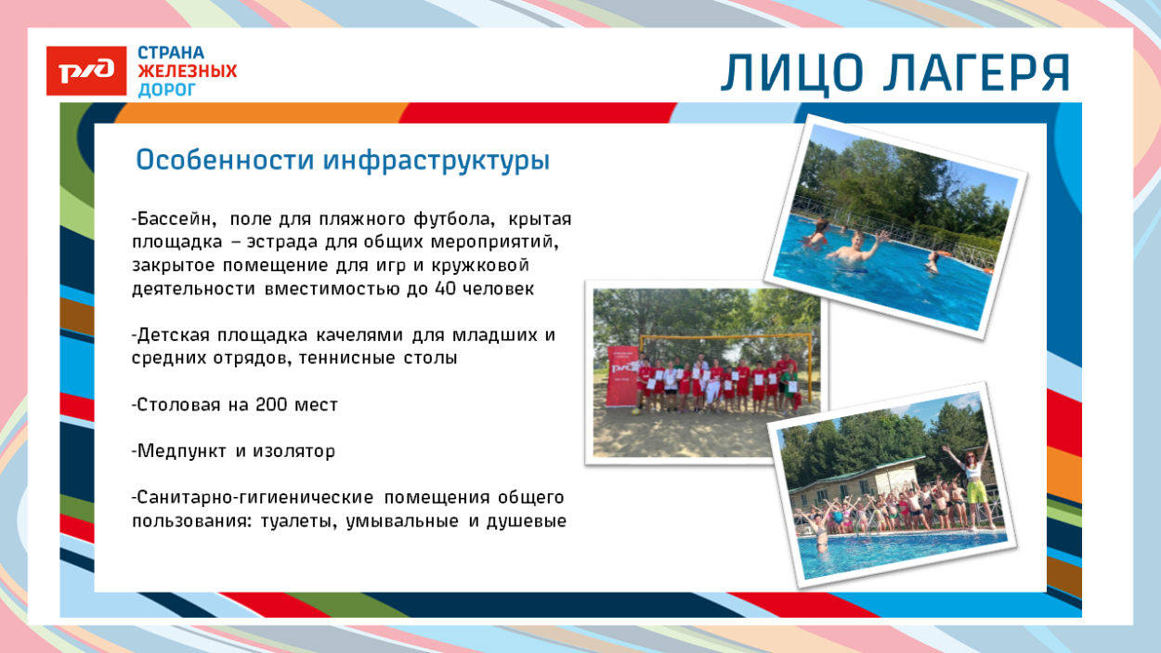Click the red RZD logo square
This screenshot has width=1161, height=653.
[86, 71]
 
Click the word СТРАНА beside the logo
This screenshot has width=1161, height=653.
[171, 53]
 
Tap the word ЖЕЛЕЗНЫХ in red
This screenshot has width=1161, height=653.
[187, 71]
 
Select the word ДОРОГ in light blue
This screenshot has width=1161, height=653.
[166, 90]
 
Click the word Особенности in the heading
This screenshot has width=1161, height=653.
[225, 160]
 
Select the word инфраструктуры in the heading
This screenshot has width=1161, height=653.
[437, 161]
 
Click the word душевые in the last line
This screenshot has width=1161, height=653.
[526, 521]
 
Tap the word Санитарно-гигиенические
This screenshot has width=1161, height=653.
[253, 498]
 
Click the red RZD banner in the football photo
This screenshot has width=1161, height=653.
[622, 376]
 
